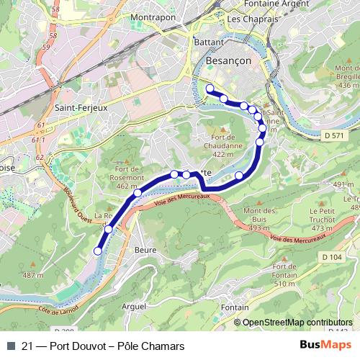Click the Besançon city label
point(228,61)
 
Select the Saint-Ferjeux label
point(81,109)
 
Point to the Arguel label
point(133,306)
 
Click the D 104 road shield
point(332,256)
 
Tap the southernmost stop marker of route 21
point(98,251)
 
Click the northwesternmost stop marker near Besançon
point(210,89)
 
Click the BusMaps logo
point(330,346)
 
